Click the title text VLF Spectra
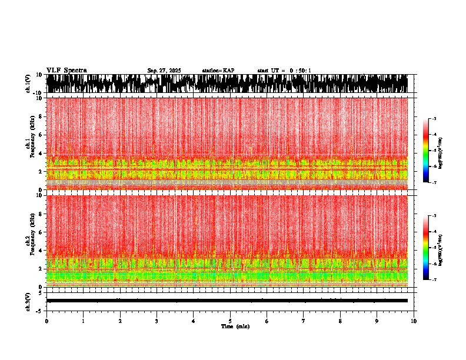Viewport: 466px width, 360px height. (66, 71)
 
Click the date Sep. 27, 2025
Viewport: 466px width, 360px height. (164, 71)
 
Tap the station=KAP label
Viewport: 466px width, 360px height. (218, 71)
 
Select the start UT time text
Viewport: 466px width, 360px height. (284, 71)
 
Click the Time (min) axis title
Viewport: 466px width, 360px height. (235, 326)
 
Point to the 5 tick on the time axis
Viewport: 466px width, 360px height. (230, 321)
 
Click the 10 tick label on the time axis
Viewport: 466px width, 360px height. (414, 321)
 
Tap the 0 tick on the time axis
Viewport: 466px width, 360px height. (46, 321)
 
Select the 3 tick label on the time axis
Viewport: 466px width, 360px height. (157, 321)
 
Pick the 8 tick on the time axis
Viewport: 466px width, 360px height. (340, 321)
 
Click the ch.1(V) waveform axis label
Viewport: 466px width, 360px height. (28, 84)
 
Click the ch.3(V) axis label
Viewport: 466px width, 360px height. (28, 301)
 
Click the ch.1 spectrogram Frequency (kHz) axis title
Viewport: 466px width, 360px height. (29, 142)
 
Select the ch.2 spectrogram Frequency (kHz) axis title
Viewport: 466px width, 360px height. (29, 240)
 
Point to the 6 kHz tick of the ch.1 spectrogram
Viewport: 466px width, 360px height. (42, 135)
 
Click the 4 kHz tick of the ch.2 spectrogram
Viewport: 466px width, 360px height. (42, 250)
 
